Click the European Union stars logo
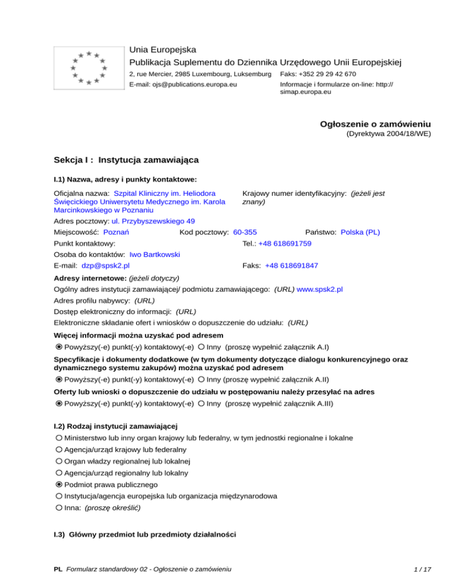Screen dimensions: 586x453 88,68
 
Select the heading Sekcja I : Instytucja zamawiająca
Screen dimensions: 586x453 126,160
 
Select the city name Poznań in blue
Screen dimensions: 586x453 116,232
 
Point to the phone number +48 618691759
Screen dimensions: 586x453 285,243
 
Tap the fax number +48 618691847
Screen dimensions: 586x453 291,266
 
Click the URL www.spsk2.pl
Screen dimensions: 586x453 320,289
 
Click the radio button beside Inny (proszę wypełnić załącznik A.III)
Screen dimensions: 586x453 202,404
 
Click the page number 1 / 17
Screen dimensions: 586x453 422,569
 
